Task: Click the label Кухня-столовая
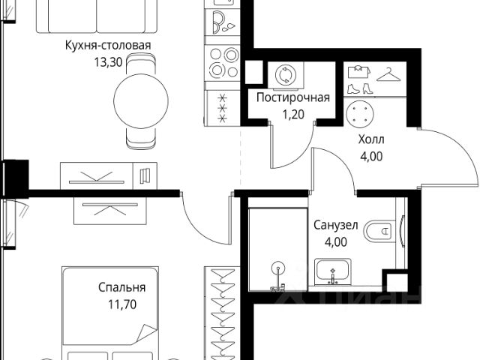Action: [107, 46]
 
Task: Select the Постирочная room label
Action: [293, 98]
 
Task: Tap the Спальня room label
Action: [121, 287]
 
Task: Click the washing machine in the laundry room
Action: [287, 74]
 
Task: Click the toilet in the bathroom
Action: [383, 232]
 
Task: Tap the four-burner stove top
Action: [222, 62]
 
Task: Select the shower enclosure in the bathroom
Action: [275, 247]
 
